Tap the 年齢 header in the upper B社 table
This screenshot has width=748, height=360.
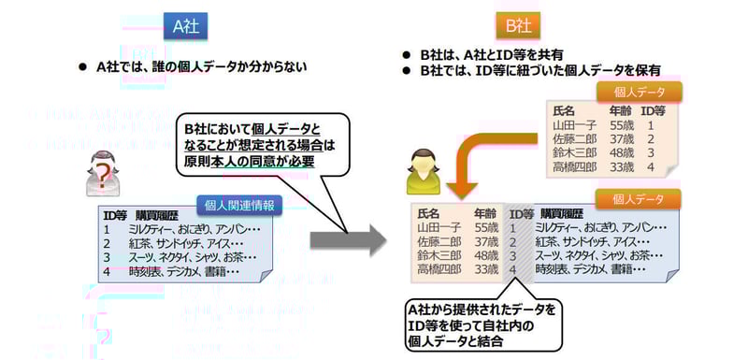tap(619, 109)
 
